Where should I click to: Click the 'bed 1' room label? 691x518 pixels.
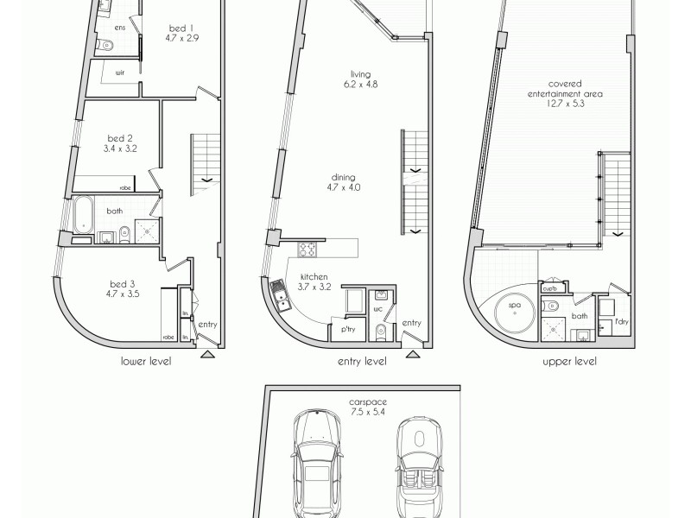[x=182, y=28]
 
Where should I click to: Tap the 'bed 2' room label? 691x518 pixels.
[x=119, y=138]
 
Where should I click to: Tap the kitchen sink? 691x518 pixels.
[x=282, y=299]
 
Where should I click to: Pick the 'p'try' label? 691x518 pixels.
[x=348, y=331]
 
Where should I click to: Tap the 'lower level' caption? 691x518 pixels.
[x=145, y=362]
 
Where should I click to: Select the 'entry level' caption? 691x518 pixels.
[x=362, y=362]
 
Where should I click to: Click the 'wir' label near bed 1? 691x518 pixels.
[x=119, y=74]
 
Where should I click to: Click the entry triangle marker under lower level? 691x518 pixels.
[x=207, y=353]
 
